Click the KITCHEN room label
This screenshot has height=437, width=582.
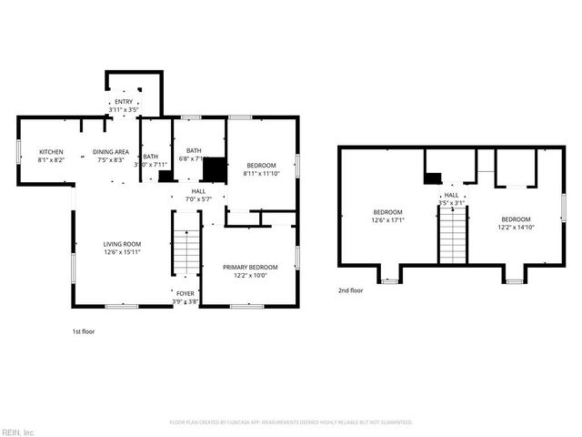pyautogui.click(x=50, y=151)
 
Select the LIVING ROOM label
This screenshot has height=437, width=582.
pyautogui.click(x=121, y=244)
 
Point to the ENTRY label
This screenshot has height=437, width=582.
pyautogui.click(x=123, y=101)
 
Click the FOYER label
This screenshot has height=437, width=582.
pyautogui.click(x=186, y=293)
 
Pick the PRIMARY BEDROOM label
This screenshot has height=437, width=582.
pyautogui.click(x=250, y=267)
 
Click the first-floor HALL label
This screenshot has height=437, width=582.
pyautogui.click(x=198, y=191)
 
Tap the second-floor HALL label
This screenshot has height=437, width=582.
pyautogui.click(x=451, y=195)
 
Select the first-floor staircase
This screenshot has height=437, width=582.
pyautogui.click(x=186, y=247)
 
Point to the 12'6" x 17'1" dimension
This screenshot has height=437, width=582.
pyautogui.click(x=387, y=219)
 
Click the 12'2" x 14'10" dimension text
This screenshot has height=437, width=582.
pyautogui.click(x=516, y=227)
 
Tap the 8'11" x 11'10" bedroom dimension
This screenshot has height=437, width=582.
pyautogui.click(x=262, y=172)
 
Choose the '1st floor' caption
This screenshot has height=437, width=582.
pyautogui.click(x=83, y=331)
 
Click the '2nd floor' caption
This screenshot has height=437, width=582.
pyautogui.click(x=350, y=290)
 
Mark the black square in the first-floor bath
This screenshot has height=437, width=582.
pyautogui.click(x=214, y=170)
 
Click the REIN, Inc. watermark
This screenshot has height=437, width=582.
pyautogui.click(x=18, y=432)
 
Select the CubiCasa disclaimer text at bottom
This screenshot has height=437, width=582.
pyautogui.click(x=291, y=422)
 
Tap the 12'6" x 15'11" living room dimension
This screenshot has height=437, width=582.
pyautogui.click(x=121, y=252)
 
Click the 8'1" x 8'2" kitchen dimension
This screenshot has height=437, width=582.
pyautogui.click(x=50, y=159)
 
